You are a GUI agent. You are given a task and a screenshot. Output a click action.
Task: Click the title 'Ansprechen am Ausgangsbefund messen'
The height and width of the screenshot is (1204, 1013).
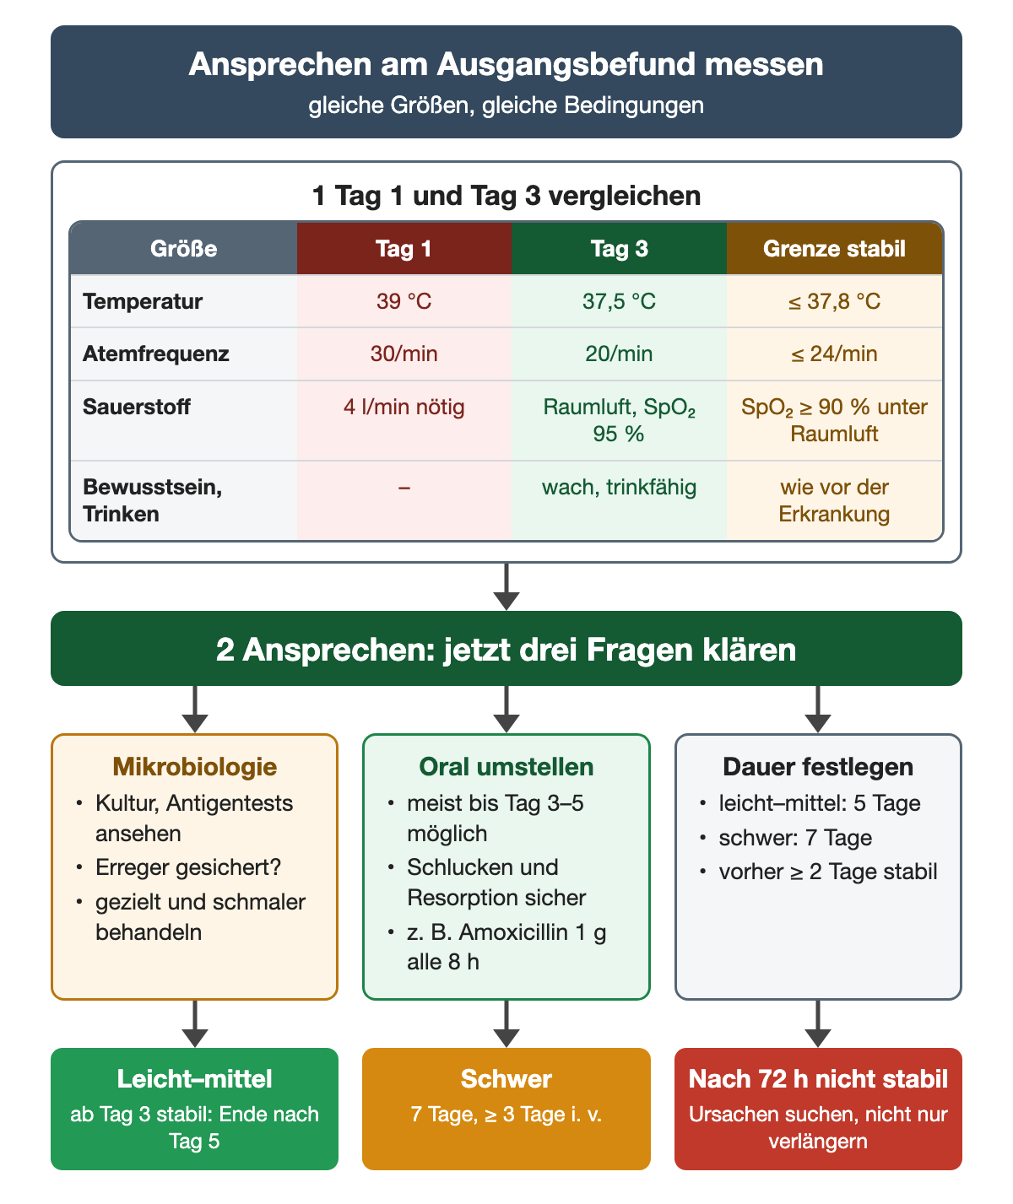506,65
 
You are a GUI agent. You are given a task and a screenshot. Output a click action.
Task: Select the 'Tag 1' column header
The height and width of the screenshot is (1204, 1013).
404,249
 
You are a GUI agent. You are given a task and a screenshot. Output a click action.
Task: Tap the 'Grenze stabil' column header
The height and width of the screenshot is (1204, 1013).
834,249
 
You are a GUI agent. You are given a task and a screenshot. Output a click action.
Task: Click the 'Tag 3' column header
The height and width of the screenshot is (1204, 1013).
619,249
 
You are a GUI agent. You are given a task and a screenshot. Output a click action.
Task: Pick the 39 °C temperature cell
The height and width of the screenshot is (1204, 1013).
404,301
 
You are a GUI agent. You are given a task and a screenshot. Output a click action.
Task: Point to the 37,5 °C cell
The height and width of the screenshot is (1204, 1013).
619,301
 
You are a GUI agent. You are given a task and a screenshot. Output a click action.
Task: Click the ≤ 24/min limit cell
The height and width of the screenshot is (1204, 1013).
834,354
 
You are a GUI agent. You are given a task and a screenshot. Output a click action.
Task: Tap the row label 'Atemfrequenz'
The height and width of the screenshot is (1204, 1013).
156,354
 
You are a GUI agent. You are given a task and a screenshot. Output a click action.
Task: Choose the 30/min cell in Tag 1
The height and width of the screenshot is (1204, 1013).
404,354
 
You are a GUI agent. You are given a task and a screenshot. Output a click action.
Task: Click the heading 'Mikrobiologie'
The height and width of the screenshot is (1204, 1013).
194,767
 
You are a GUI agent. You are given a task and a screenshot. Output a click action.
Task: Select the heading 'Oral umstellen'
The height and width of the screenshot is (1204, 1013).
506,767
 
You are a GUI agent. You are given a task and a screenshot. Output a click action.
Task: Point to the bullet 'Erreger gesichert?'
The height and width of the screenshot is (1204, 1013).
188,867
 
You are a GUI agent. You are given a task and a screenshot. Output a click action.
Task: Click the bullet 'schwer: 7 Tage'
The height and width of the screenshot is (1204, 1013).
795,837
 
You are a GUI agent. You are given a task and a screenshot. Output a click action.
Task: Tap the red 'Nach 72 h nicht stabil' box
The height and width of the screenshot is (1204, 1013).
818,1109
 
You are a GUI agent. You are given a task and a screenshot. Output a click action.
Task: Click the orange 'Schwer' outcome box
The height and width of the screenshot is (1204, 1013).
506,1109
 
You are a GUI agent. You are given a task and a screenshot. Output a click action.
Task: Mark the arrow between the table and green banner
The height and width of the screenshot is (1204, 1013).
506,586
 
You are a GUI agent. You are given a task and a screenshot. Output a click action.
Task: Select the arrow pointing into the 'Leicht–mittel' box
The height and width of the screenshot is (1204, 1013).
195,1023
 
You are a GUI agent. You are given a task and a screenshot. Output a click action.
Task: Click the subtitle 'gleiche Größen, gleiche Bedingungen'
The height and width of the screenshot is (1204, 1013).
506,105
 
